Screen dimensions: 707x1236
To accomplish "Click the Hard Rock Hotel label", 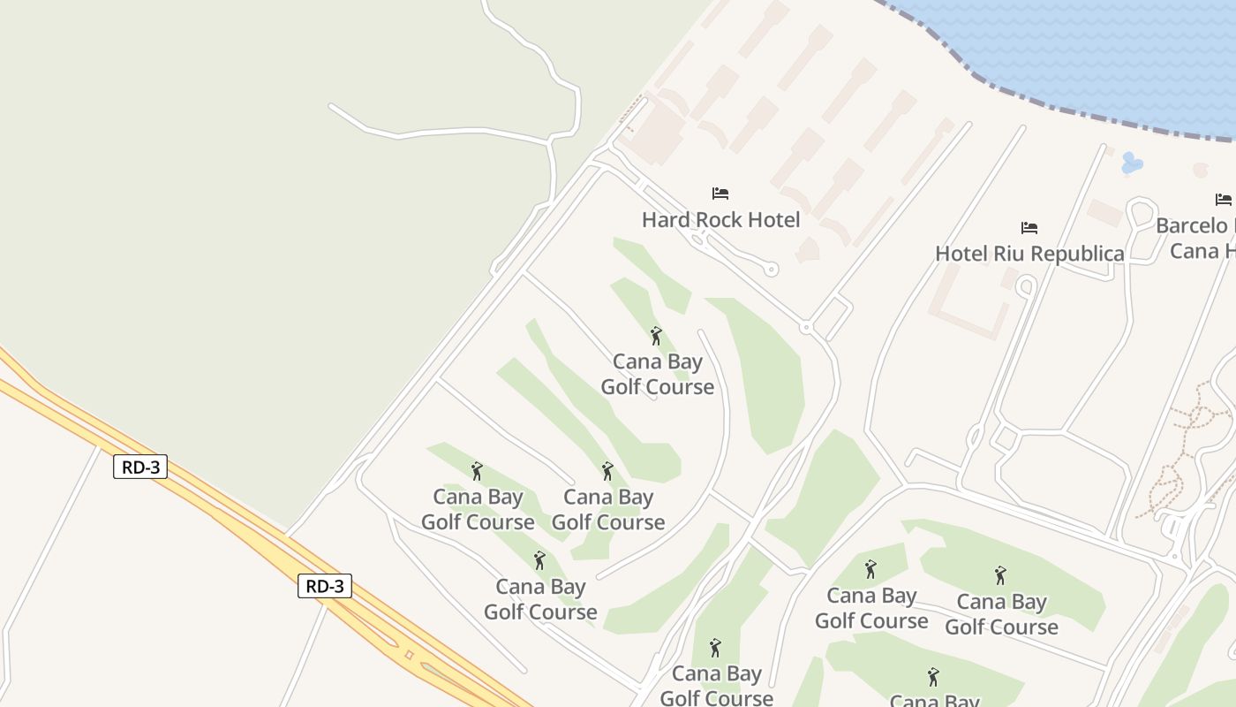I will pyautogui.click(x=720, y=220).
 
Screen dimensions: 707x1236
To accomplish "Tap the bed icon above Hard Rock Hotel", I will pyautogui.click(x=720, y=193).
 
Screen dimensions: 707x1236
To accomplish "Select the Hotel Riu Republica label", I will pyautogui.click(x=1029, y=254).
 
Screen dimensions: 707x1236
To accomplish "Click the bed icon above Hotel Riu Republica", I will pyautogui.click(x=1029, y=227).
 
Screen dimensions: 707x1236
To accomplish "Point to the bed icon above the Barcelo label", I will pyautogui.click(x=1223, y=199).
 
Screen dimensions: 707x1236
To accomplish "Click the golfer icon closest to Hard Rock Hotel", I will pyautogui.click(x=656, y=336).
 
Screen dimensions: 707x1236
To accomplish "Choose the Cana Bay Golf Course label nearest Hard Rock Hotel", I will pyautogui.click(x=658, y=374).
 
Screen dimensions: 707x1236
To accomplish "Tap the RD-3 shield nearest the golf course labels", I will pyautogui.click(x=325, y=586).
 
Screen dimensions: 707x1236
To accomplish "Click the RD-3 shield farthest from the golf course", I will pyautogui.click(x=140, y=467).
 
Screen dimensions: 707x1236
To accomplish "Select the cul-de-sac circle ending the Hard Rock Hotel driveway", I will pyautogui.click(x=772, y=270).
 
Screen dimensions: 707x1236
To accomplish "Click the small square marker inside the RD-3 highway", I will pyautogui.click(x=408, y=655).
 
